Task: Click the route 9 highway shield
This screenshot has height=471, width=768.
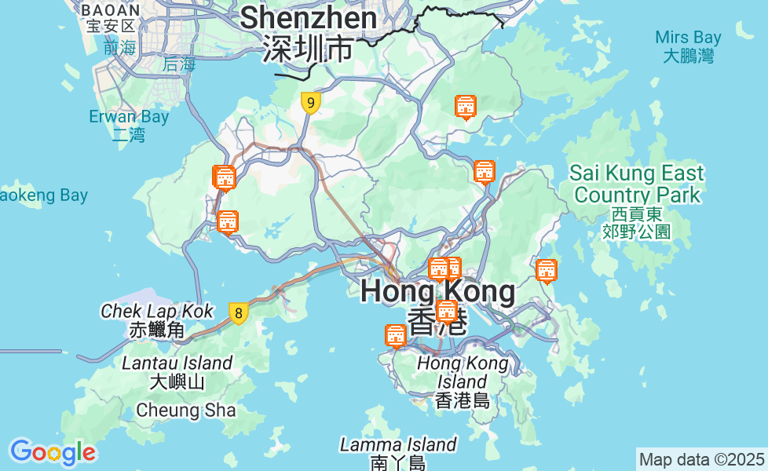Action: click(311, 103)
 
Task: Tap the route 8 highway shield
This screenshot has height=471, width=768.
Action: click(238, 313)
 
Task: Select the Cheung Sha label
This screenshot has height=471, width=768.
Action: click(185, 410)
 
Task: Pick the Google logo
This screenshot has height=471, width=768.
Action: click(53, 452)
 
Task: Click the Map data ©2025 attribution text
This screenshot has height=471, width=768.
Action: click(701, 459)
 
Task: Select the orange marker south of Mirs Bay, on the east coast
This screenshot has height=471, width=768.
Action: click(546, 271)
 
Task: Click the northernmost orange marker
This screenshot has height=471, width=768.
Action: click(466, 107)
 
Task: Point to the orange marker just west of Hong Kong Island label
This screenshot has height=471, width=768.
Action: click(396, 336)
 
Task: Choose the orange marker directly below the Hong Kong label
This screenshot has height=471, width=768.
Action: click(447, 312)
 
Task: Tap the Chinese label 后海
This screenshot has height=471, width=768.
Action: click(179, 65)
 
